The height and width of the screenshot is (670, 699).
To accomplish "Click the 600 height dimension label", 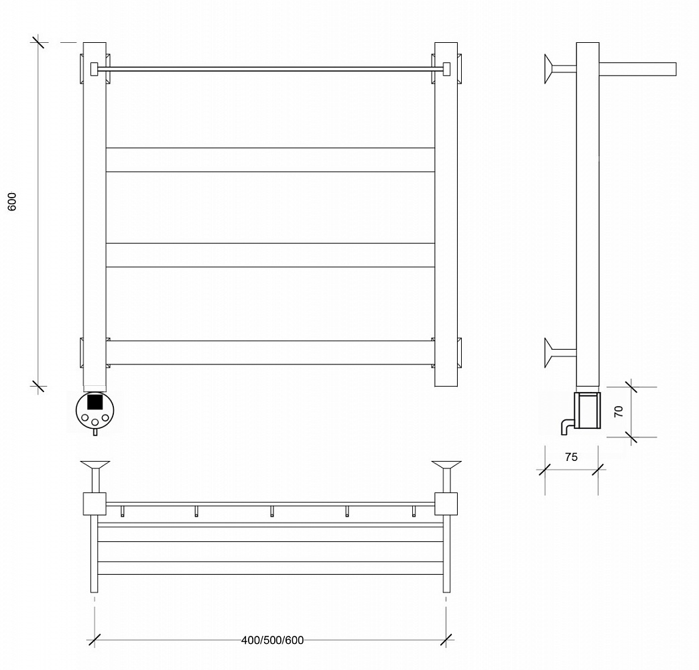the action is (x=13, y=202).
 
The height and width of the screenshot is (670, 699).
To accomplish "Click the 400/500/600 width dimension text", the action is (x=272, y=640).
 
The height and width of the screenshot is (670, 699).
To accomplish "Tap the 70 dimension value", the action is (x=619, y=411).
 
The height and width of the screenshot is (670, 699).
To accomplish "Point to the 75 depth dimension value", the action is (x=571, y=457).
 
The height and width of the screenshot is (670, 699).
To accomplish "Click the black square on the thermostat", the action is (x=94, y=402).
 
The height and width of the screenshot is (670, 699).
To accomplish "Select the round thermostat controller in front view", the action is (x=94, y=411).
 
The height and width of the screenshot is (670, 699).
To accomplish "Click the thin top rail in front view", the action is (x=270, y=69).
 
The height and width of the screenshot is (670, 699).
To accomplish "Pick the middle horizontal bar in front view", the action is (x=270, y=255).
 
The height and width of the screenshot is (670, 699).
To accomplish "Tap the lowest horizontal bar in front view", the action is (x=270, y=352).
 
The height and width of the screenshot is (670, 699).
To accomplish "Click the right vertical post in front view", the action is (x=446, y=214).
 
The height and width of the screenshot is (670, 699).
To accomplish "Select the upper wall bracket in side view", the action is (x=560, y=68).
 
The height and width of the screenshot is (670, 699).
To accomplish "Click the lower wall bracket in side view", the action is (x=560, y=352).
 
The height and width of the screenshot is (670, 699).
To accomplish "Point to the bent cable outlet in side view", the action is (x=566, y=426).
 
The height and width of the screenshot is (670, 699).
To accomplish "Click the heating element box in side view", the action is (x=587, y=410).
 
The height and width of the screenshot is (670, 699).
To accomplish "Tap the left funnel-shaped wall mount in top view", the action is (x=95, y=476).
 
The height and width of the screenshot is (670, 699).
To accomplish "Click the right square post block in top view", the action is (x=446, y=504).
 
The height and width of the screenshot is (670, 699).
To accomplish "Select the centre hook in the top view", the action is (x=272, y=511).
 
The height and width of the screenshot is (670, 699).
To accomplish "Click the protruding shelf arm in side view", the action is (x=637, y=69).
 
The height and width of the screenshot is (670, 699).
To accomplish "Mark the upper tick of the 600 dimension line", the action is (x=38, y=42).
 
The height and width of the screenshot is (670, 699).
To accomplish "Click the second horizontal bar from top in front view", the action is (x=270, y=159).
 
